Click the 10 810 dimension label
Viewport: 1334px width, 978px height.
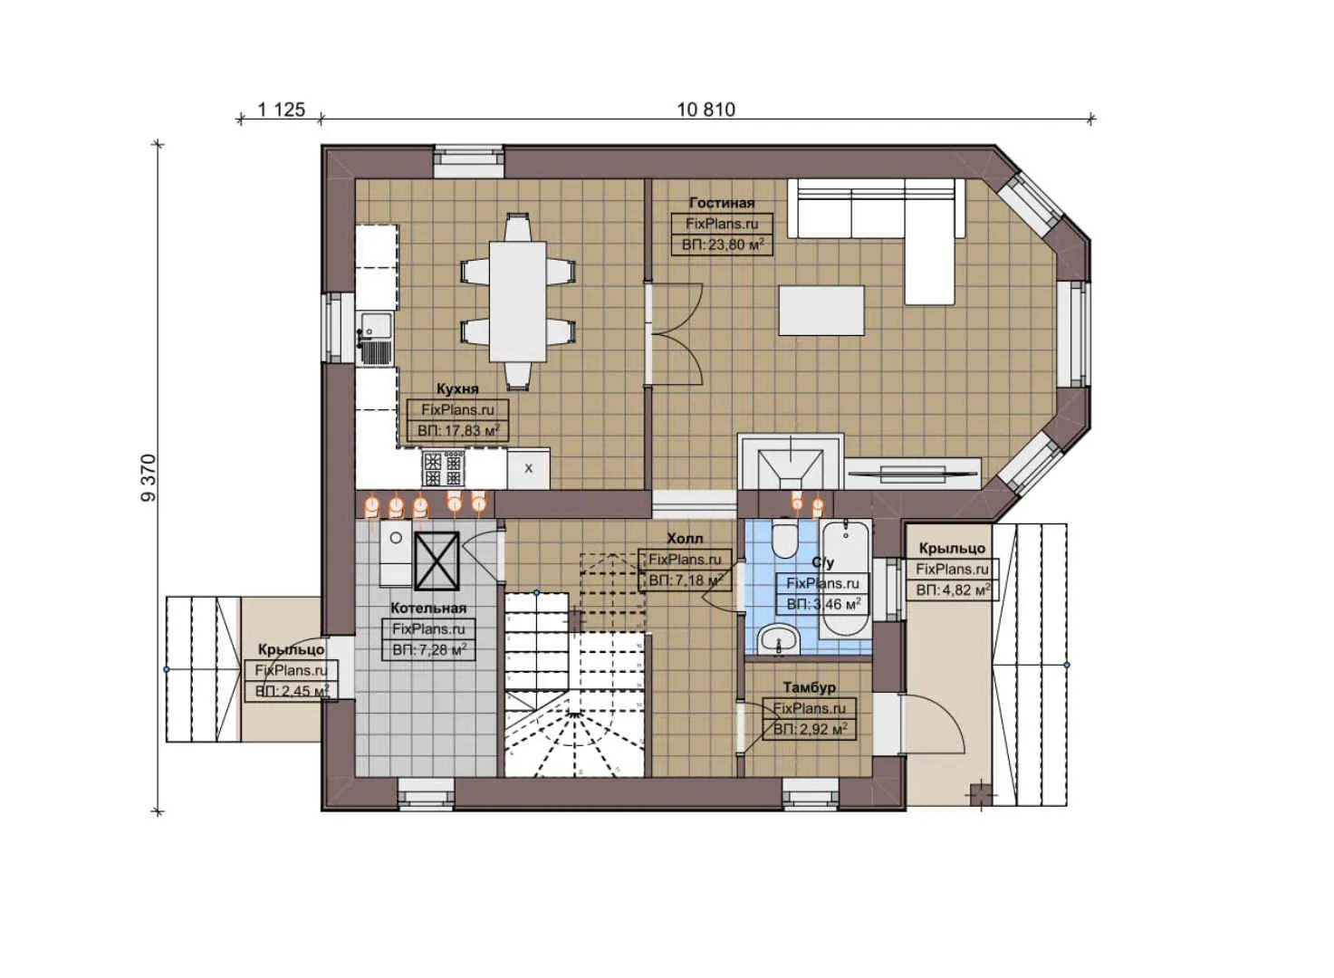pyautogui.click(x=705, y=110)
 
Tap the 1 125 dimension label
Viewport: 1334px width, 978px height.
pyautogui.click(x=281, y=110)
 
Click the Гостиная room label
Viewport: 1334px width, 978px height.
pyautogui.click(x=721, y=203)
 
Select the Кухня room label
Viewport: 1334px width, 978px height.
pyautogui.click(x=457, y=388)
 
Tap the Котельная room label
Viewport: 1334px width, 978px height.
pyautogui.click(x=428, y=608)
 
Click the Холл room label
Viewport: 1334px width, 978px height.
pyautogui.click(x=684, y=538)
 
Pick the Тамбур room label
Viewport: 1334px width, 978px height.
pyautogui.click(x=809, y=687)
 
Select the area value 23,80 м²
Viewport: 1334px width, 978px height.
pyautogui.click(x=722, y=244)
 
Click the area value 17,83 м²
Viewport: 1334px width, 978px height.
pyautogui.click(x=457, y=431)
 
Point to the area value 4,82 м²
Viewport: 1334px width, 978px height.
pyautogui.click(x=952, y=590)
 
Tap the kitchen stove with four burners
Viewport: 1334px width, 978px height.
pyautogui.click(x=443, y=468)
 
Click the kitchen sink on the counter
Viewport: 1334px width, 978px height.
pyautogui.click(x=376, y=326)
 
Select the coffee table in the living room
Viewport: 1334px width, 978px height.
pyautogui.click(x=821, y=311)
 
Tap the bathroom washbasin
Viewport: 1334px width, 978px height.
pyautogui.click(x=778, y=639)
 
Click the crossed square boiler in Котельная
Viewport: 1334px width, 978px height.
pyautogui.click(x=437, y=561)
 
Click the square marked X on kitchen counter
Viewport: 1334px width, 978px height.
pyautogui.click(x=528, y=468)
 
